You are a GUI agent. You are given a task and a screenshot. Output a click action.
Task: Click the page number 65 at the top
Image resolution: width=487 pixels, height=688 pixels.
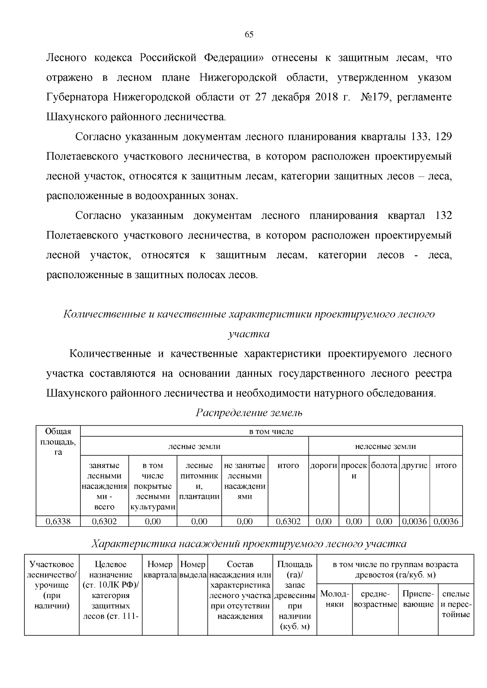[x=249, y=34]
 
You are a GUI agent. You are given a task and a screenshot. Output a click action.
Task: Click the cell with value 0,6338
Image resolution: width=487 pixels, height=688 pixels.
[x=58, y=521]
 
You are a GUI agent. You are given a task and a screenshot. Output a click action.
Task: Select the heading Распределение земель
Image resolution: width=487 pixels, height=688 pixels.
[x=249, y=413]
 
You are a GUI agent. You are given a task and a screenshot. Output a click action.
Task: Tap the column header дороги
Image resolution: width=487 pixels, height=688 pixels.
[x=323, y=465]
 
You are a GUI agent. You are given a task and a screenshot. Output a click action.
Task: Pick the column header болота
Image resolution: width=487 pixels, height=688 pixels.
[x=384, y=465]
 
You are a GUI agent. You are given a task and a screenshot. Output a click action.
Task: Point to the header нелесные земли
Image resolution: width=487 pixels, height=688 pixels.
[x=385, y=446]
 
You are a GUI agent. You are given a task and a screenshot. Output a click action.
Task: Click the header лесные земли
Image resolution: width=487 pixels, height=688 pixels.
[x=194, y=446]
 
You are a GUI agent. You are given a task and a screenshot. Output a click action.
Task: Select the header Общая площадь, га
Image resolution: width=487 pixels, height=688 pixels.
[x=58, y=442]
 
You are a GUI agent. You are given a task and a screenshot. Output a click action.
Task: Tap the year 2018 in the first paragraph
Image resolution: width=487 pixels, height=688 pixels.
[x=326, y=97]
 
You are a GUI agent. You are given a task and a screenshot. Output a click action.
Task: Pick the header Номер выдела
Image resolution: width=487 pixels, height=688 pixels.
[x=193, y=569]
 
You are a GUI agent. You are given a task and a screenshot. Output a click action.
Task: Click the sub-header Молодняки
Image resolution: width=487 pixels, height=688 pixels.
[x=334, y=599]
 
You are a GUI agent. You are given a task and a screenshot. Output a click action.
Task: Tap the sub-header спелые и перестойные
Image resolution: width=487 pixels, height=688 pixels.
[x=456, y=604]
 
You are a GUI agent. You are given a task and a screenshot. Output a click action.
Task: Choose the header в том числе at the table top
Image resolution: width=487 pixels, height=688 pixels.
[x=271, y=431]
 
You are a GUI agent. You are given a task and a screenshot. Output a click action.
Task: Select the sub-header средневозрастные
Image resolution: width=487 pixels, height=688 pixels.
[x=375, y=599]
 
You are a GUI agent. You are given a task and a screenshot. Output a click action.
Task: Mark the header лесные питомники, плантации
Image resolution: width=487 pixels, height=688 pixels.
[x=199, y=481]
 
